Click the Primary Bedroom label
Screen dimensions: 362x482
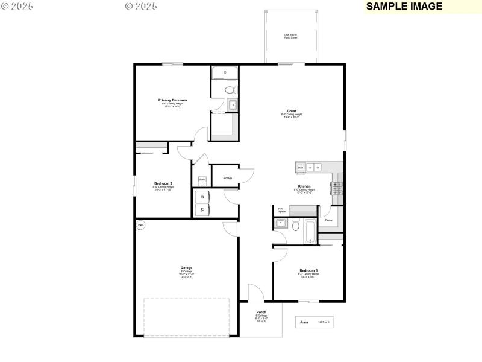pos(172,100)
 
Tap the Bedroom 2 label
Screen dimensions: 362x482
pos(163,183)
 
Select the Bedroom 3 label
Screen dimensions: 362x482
pos(308,270)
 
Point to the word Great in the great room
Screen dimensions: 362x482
pos(291,111)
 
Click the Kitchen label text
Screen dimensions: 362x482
pos(304,186)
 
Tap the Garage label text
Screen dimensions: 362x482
pos(186,268)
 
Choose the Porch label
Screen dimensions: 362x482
pos(261,312)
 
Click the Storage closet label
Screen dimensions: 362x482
pos(227,178)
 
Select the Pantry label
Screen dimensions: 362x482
pos(328,220)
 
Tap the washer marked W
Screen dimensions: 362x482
pos(202,209)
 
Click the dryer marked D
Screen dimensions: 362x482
pos(202,197)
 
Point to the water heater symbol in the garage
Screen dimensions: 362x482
pos(140,226)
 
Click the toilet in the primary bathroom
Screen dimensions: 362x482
pos(229,91)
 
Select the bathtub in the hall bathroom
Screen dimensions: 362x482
pos(308,232)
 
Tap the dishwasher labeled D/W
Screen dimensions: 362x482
pos(301,167)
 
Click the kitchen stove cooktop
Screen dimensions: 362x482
pos(336,186)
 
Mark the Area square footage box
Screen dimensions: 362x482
pos(313,322)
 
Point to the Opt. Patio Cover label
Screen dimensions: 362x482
pos(291,36)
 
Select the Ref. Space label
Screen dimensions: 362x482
pos(281,211)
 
